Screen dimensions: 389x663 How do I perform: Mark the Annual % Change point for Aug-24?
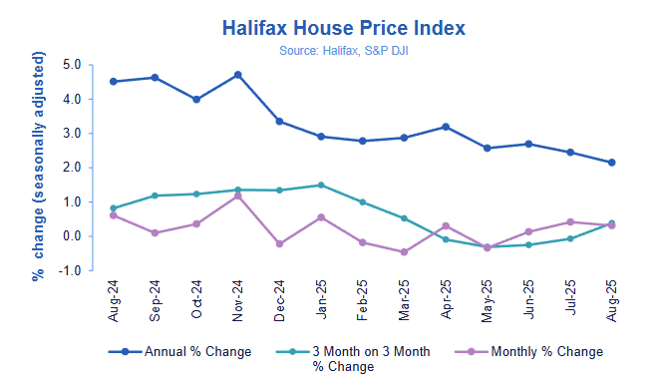pos(113,82)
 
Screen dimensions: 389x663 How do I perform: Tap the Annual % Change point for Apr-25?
pos(446,127)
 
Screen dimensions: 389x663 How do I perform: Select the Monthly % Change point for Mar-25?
pos(404,252)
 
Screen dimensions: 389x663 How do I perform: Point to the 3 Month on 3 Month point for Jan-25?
pos(321,186)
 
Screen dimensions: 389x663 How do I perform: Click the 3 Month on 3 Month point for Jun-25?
pos(528,244)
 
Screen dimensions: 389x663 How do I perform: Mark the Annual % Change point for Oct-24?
pos(196,100)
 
